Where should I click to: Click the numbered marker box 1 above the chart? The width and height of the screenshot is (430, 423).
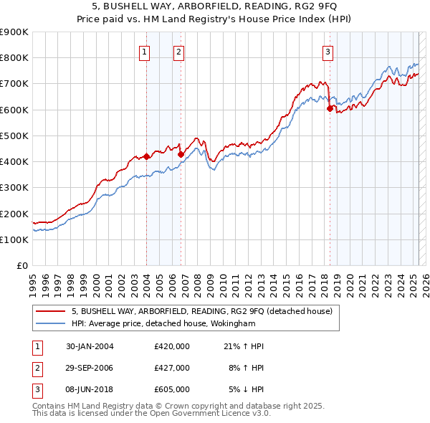[145, 51]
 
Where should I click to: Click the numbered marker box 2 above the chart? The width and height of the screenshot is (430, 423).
[178, 51]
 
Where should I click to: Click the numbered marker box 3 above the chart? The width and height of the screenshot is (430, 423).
[327, 51]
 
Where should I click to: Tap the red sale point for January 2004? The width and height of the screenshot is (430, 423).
[146, 156]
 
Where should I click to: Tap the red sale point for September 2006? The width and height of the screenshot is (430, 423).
[181, 154]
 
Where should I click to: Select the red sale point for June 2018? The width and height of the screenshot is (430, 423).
[330, 108]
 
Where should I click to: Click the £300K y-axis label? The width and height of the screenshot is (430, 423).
[14, 188]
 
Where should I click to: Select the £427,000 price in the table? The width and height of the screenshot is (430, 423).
[172, 368]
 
